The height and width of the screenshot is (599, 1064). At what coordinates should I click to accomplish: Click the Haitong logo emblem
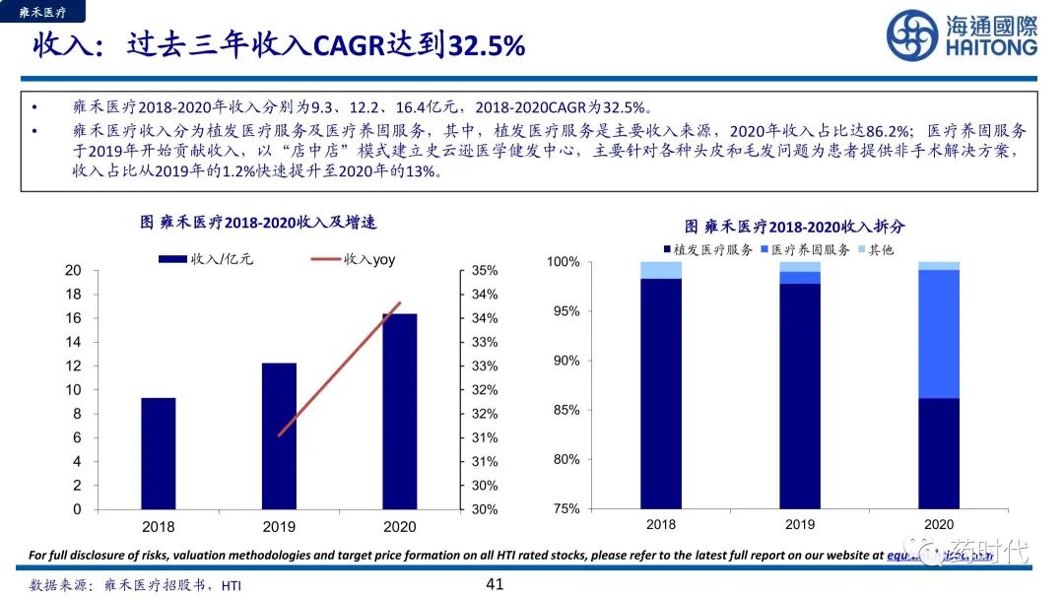tap(912, 35)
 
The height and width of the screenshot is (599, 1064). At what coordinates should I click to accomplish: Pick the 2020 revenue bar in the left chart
tap(399, 411)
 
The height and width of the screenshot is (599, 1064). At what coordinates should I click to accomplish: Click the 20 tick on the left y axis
tap(73, 270)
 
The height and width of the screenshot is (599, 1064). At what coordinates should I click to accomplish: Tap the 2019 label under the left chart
tap(279, 527)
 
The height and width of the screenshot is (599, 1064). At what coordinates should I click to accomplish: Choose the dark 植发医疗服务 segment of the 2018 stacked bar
tap(660, 394)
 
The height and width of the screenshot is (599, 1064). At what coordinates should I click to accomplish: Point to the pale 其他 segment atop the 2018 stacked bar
tap(660, 270)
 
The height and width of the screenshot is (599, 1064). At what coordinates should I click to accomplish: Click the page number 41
tap(495, 584)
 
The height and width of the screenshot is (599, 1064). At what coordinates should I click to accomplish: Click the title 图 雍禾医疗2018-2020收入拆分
tap(794, 227)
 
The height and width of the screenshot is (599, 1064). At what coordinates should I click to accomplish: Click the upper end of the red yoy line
tap(399, 303)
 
